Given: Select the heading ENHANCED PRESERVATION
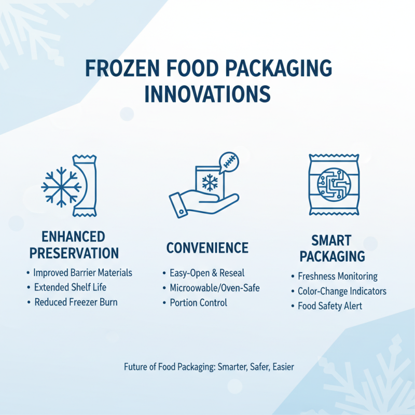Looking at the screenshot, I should click(x=74, y=245).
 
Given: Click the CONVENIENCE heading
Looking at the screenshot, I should click(x=207, y=248).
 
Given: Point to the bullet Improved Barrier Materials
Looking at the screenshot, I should click(x=82, y=273).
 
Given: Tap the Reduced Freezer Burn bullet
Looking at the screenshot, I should click(x=76, y=302).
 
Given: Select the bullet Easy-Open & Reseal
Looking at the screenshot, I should click(x=206, y=273).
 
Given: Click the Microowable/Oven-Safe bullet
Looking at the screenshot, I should click(x=214, y=287).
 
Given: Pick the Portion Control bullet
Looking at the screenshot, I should click(x=198, y=302).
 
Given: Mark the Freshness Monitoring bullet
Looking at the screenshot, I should click(x=337, y=276).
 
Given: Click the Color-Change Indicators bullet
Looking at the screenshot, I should click(x=342, y=291).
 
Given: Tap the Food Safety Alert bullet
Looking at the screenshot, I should click(x=329, y=306).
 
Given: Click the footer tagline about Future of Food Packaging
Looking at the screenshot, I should click(x=209, y=367).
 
